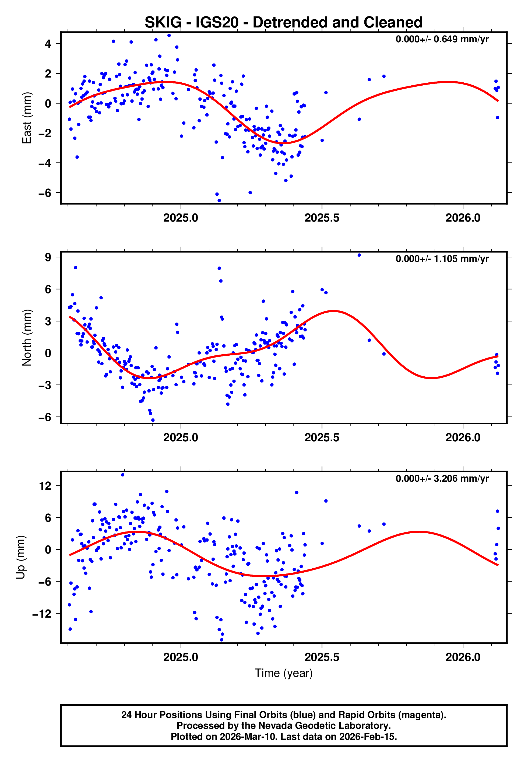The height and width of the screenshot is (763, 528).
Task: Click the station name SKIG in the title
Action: (x=163, y=23)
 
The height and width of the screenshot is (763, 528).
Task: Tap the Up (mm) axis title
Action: (x=20, y=557)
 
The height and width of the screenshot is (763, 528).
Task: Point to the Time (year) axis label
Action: (x=284, y=673)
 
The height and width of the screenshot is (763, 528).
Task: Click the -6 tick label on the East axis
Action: (x=45, y=193)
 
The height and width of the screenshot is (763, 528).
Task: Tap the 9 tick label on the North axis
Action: (x=48, y=257)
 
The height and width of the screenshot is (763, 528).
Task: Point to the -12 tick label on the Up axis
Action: (x=42, y=614)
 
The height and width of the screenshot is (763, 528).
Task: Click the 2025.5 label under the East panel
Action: (x=322, y=218)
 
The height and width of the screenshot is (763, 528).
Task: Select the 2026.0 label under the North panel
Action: (x=463, y=437)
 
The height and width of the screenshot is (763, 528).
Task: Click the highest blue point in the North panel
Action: (x=359, y=255)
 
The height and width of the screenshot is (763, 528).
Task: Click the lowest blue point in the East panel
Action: (x=219, y=201)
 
